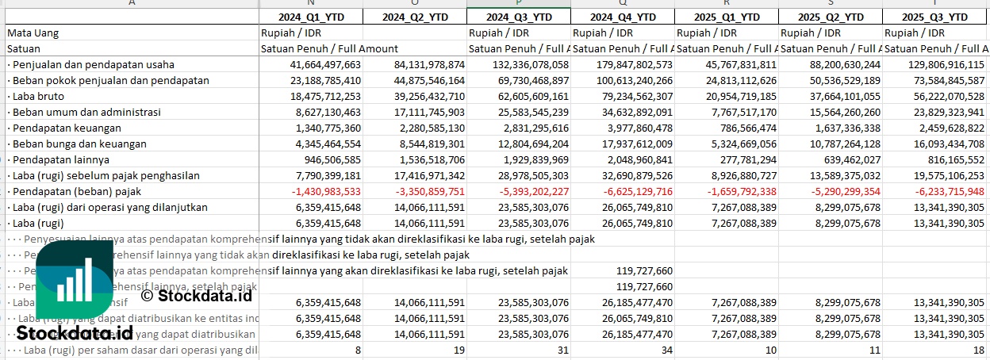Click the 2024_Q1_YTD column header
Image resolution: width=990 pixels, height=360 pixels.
coord(311,17)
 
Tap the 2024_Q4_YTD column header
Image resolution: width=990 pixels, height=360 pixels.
coord(622,17)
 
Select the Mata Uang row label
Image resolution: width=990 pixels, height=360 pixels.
coord(33,33)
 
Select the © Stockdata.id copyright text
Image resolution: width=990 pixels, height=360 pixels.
coord(196,295)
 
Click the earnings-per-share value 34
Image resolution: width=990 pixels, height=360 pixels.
coord(666,350)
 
